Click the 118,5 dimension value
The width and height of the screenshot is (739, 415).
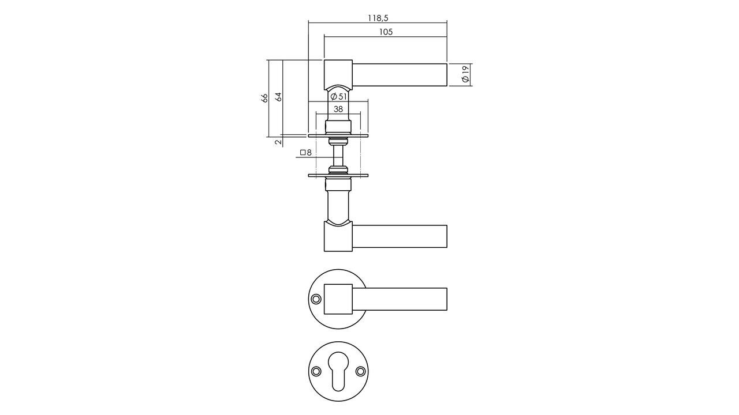[378, 18]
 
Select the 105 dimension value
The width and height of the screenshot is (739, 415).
[386, 32]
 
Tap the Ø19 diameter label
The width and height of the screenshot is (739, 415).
[465, 74]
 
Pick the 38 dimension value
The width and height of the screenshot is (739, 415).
[338, 109]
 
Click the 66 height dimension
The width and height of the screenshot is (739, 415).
[265, 97]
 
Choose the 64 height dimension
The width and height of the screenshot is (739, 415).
[278, 97]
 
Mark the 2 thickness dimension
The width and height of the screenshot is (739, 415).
[278, 141]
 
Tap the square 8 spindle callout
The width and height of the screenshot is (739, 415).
[305, 153]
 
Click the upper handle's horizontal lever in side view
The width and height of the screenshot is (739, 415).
[400, 75]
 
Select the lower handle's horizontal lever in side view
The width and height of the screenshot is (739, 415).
[400, 236]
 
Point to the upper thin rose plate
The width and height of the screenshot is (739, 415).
[338, 135]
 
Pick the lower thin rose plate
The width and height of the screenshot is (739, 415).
[338, 175]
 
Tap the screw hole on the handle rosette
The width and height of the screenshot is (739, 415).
[316, 299]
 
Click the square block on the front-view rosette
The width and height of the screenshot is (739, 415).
[338, 299]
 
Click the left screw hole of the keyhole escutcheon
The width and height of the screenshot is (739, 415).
[316, 371]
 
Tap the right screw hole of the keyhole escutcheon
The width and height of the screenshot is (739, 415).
[360, 371]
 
